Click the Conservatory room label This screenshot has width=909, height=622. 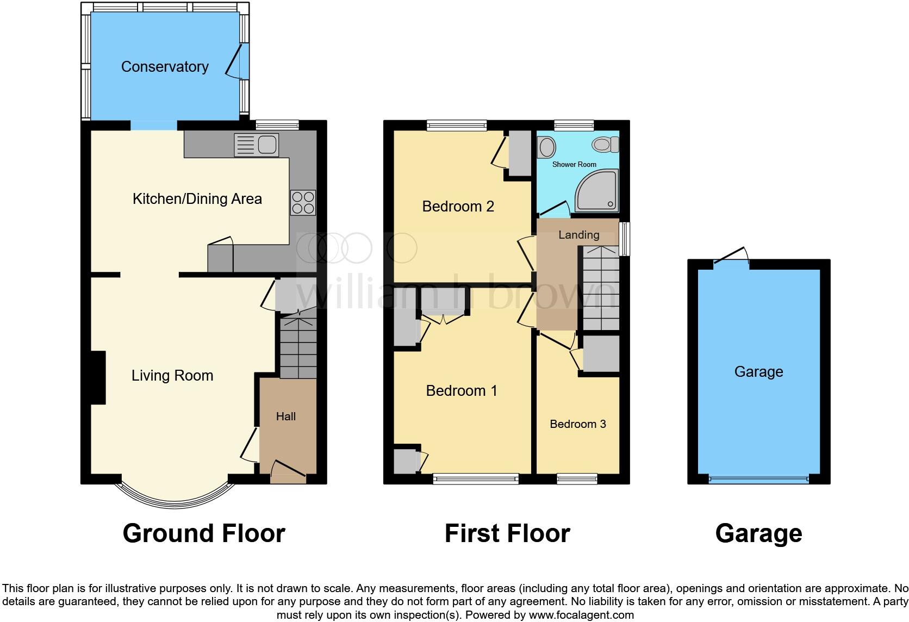tap(165, 67)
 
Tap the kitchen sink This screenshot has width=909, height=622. tap(256, 145)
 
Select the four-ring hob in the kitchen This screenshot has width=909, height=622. tap(303, 202)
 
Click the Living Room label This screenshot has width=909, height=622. tap(172, 376)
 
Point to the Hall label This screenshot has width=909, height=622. tap(286, 416)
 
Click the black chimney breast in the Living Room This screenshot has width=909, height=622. tap(97, 378)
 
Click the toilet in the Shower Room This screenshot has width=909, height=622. tap(605, 144)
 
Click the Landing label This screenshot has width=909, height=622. tap(578, 235)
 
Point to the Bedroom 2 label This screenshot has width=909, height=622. tap(458, 207)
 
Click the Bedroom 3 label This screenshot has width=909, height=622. tap(577, 424)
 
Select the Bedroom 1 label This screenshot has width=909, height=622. tap(462, 391)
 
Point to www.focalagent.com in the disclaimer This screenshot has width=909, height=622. tap(581, 615)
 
